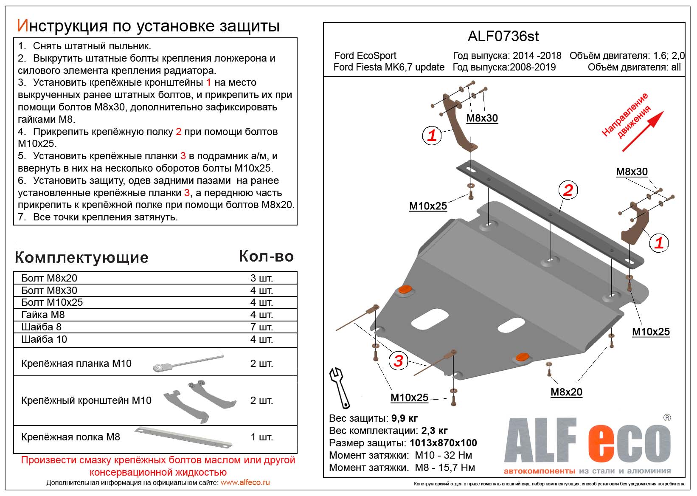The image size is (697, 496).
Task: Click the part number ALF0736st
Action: tap(503, 37)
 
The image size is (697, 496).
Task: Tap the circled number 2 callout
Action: tap(568, 190)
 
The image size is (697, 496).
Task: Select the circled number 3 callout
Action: tap(398, 361)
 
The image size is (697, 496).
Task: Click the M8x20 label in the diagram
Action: tap(566, 392)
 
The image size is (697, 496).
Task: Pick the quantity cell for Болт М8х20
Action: tap(261, 278)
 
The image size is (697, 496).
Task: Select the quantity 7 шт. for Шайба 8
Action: tap(261, 327)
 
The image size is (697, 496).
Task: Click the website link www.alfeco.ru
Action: tap(245, 482)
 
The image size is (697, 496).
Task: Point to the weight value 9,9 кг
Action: tap(404, 418)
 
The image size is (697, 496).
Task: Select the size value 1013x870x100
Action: tap(443, 443)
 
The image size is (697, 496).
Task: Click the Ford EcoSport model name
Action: tap(365, 56)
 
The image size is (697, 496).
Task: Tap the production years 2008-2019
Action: tap(533, 67)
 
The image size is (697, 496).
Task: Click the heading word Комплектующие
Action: tap(82, 257)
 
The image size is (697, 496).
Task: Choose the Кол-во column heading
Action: tap(266, 256)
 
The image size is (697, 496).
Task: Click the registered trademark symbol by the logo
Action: tap(667, 418)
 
